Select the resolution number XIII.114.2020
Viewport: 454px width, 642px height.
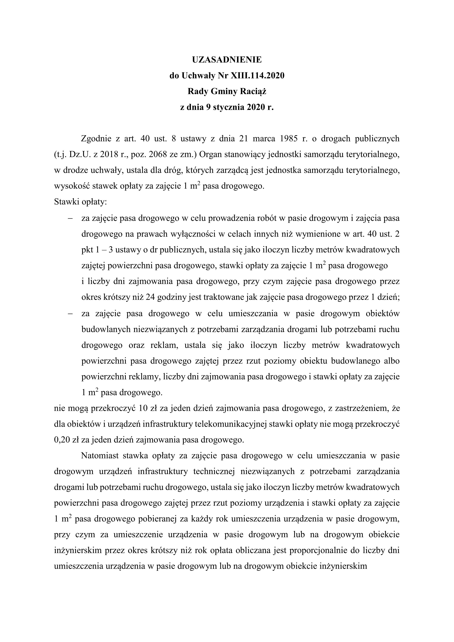coord(257,76)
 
